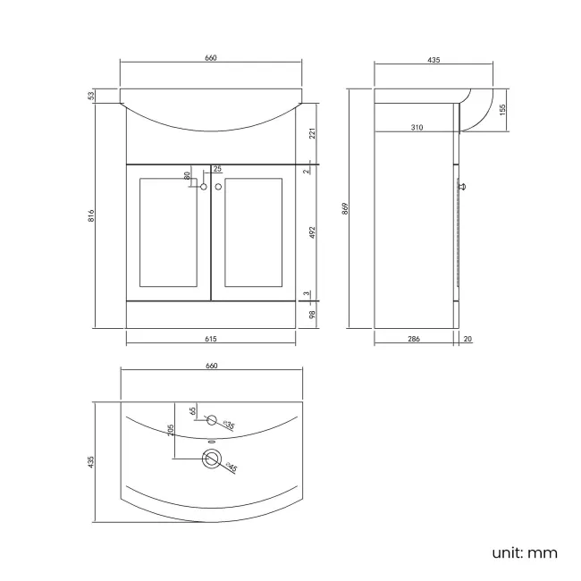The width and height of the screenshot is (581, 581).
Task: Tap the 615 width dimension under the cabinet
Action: (212, 339)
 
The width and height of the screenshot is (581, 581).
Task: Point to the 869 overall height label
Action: (345, 209)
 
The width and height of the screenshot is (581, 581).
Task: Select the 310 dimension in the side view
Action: (417, 128)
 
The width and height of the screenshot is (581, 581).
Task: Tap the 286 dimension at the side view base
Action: (414, 339)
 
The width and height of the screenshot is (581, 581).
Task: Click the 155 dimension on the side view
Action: (503, 108)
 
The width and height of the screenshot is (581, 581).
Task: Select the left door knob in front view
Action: (204, 187)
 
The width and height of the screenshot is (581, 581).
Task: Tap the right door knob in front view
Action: (218, 187)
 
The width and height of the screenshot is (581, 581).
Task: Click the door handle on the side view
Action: (463, 186)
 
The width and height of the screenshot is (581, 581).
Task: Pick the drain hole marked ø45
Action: (212, 459)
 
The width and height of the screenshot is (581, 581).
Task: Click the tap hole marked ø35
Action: (212, 419)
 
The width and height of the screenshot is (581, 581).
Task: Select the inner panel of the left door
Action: (167, 232)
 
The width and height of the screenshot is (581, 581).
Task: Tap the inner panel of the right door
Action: (254, 232)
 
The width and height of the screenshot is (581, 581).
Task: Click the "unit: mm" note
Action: (525, 552)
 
